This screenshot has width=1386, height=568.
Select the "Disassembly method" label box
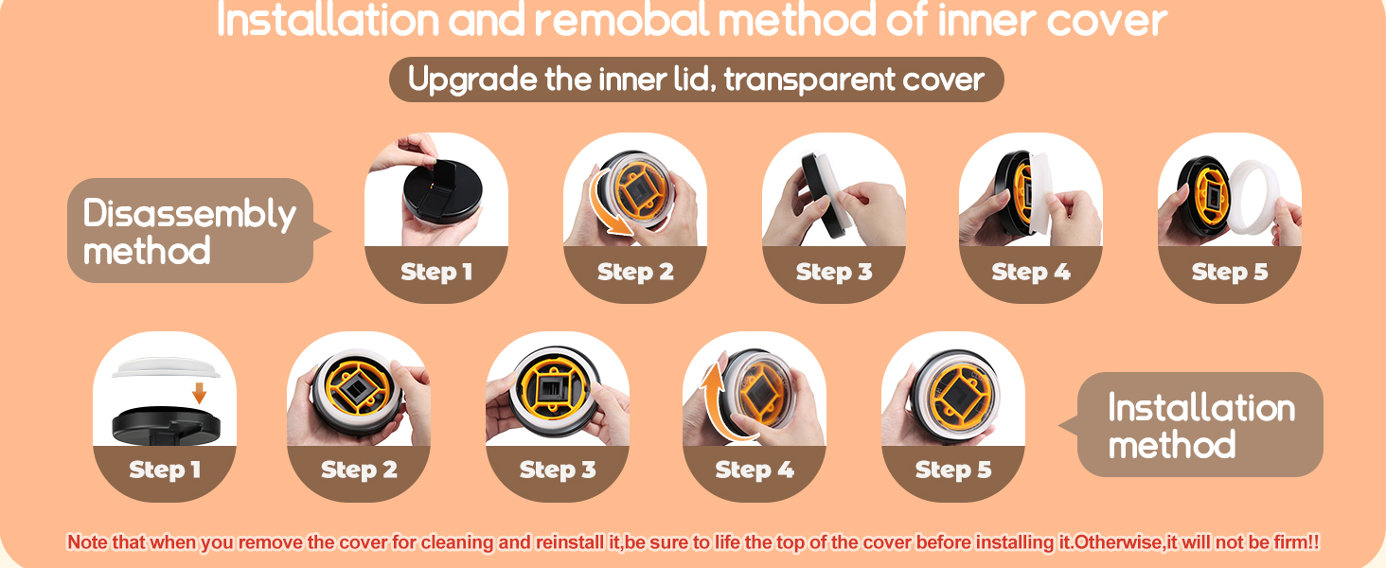point(189,230)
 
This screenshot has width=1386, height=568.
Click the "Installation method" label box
point(1200,425)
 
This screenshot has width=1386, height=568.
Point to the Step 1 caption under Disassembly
point(435,273)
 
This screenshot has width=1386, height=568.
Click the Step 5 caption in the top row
point(1229,273)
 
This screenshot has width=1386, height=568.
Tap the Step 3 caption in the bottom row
point(558,470)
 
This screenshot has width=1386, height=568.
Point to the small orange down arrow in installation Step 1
point(199,392)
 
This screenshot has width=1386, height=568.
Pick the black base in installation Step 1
point(166,425)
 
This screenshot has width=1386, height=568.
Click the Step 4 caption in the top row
point(1030,273)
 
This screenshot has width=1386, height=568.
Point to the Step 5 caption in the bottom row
point(952,470)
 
